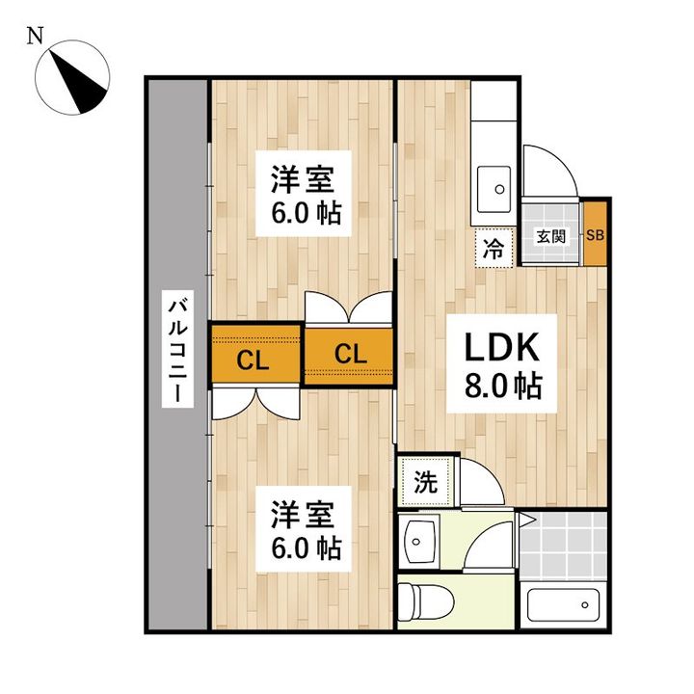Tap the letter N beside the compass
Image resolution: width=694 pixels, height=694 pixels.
35,37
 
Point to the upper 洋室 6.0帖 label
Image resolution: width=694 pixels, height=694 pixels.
305,196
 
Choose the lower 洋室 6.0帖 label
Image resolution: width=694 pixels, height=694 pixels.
305,530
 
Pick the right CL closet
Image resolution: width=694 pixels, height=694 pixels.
349,354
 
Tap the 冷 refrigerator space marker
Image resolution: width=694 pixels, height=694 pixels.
493,249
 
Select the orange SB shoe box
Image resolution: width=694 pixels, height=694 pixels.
596,235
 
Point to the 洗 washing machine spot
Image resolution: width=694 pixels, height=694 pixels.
425,480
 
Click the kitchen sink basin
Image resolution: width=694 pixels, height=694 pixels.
495,182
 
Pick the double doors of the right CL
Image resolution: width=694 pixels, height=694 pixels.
349,309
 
